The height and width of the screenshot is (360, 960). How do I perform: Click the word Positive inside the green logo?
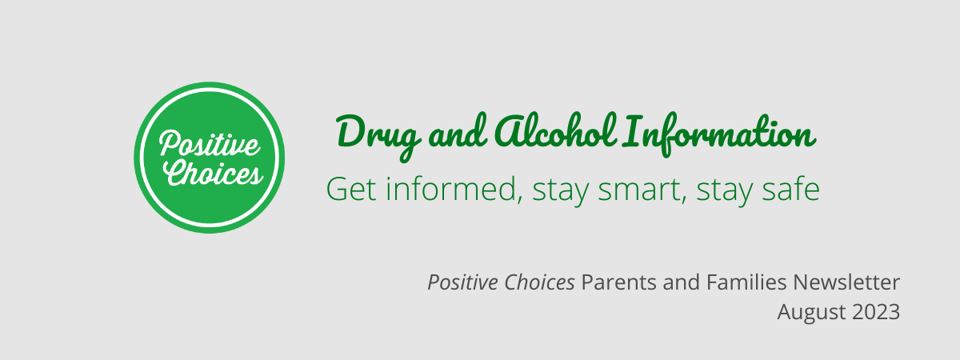tap(210, 142)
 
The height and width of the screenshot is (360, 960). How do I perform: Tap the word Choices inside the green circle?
tap(213, 172)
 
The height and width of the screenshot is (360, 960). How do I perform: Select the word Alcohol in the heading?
tap(556, 131)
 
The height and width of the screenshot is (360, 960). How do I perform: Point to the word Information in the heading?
tap(719, 134)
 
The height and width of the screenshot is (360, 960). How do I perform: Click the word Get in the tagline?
tap(351, 189)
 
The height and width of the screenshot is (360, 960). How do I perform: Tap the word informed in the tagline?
tap(454, 189)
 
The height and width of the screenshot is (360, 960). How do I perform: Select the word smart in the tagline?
tap(639, 190)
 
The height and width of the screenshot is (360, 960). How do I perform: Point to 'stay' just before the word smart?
tap(561, 191)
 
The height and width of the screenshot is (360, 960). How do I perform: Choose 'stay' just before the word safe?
tap(724, 191)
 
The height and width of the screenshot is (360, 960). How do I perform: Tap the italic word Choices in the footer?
tap(539, 282)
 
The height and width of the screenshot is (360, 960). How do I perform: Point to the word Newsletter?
tap(846, 282)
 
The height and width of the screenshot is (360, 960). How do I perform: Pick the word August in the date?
tap(812, 313)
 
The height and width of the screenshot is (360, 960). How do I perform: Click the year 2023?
tap(876, 312)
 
